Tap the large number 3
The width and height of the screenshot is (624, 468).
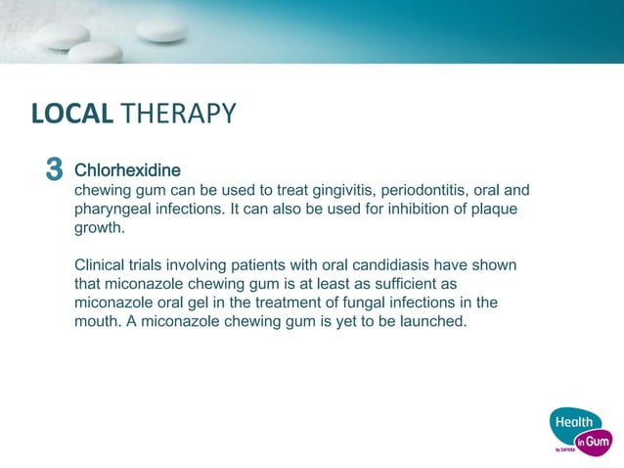[54, 171]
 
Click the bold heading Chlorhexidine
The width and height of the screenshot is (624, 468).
[127, 170]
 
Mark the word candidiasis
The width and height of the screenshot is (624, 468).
[379, 265]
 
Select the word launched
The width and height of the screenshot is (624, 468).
[434, 321]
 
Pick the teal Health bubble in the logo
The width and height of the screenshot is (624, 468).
[573, 422]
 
